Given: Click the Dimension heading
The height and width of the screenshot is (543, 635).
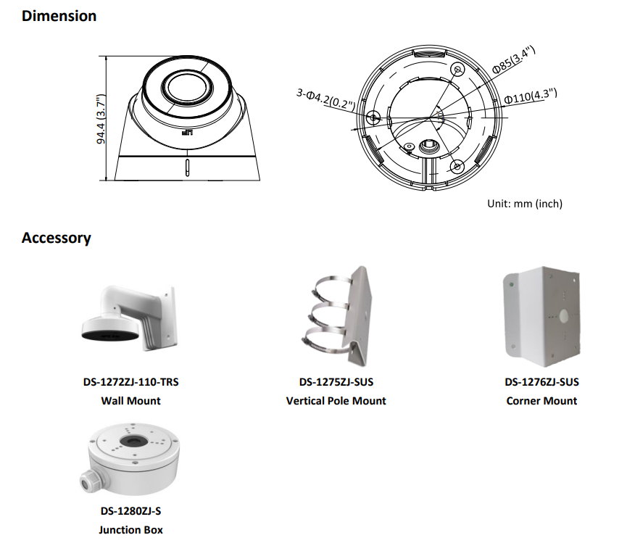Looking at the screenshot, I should [x=59, y=16].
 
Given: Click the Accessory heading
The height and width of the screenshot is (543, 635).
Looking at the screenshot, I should [x=57, y=238].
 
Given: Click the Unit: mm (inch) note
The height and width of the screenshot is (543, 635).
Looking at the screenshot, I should [x=524, y=204].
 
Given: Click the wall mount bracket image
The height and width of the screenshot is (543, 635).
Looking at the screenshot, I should [x=130, y=319].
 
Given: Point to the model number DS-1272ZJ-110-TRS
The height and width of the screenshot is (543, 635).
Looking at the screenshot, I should [x=130, y=382].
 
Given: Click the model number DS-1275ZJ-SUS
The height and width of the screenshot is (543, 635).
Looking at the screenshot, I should [x=336, y=382].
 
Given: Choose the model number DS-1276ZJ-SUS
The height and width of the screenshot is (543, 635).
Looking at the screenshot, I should [x=541, y=382].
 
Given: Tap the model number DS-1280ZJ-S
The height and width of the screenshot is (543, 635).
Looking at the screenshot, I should [x=130, y=511].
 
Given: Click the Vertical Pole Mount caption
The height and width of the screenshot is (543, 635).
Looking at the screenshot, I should [x=336, y=400].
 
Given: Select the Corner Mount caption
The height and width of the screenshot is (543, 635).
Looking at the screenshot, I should [x=541, y=400].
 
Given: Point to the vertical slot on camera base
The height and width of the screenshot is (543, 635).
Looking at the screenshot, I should [x=186, y=167].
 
